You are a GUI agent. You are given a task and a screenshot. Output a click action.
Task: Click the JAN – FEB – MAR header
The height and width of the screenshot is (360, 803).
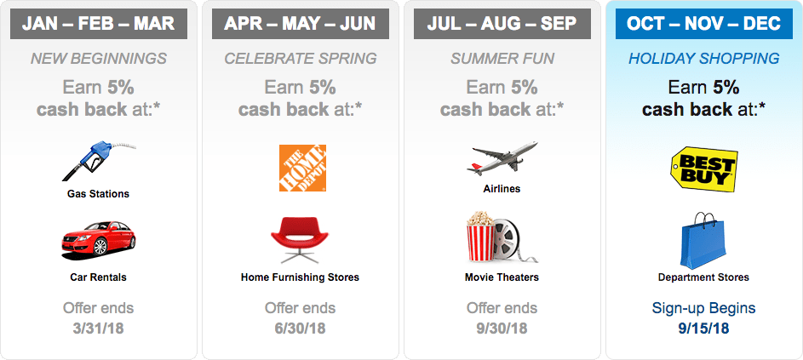98,24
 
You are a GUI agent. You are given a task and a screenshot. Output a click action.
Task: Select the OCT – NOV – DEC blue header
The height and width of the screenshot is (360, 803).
703,24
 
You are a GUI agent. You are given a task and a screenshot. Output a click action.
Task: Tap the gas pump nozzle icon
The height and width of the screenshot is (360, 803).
99,161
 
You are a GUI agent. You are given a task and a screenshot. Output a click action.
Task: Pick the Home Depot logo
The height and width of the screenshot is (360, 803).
302,168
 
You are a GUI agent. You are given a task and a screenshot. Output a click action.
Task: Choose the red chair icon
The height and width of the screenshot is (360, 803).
301,240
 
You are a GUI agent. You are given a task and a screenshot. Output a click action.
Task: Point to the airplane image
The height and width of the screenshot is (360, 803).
502,159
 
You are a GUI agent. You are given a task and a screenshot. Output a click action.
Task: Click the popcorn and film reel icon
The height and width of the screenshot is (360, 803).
502,238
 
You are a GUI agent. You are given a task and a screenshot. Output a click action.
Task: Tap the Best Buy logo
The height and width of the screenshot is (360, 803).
704,169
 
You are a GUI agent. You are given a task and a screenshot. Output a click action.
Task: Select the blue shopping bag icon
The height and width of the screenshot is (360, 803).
703,241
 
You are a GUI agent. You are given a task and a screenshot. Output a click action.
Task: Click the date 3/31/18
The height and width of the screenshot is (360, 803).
98,329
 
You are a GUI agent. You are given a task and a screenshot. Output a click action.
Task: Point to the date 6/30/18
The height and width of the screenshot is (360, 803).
300,329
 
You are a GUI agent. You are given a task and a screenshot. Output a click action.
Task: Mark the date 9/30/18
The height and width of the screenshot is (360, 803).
502,329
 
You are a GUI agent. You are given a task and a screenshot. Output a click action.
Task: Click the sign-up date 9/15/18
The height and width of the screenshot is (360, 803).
703,329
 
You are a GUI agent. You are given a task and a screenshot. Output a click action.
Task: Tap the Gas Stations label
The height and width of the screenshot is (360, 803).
98,194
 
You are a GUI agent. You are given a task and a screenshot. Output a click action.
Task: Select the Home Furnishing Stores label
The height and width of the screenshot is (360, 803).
300,277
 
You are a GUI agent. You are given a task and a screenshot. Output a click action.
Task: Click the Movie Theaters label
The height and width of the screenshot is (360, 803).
502,277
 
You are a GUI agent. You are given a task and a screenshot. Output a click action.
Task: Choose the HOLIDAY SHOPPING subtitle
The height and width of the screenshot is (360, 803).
703,59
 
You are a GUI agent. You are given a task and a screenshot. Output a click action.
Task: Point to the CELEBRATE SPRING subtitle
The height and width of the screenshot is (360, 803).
300,59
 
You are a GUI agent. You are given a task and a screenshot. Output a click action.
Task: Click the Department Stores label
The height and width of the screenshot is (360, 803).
703,277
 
